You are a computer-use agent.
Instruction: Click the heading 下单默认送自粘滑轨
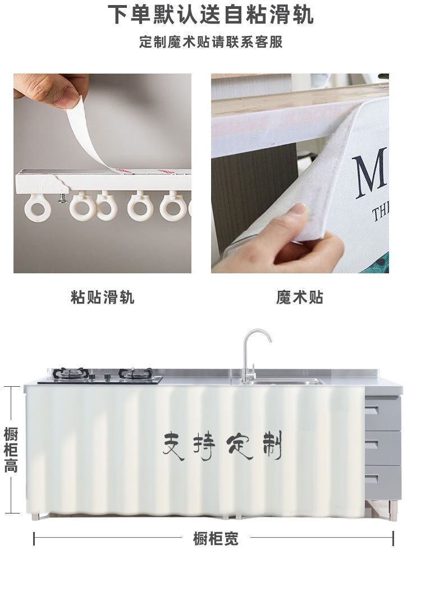(210, 15)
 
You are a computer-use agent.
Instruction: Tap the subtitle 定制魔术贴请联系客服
(210, 43)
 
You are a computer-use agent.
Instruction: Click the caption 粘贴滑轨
(103, 297)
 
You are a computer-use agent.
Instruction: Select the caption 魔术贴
(300, 297)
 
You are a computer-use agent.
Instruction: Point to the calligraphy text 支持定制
(222, 446)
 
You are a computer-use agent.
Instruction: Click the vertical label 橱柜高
(11, 450)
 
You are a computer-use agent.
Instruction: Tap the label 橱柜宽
(216, 539)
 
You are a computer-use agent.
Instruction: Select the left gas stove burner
(71, 374)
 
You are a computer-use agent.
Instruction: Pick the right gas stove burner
(135, 374)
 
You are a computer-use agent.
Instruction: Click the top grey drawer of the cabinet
(383, 413)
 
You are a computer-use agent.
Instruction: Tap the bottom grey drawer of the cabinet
(383, 482)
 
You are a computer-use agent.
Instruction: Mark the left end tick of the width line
(34, 539)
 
